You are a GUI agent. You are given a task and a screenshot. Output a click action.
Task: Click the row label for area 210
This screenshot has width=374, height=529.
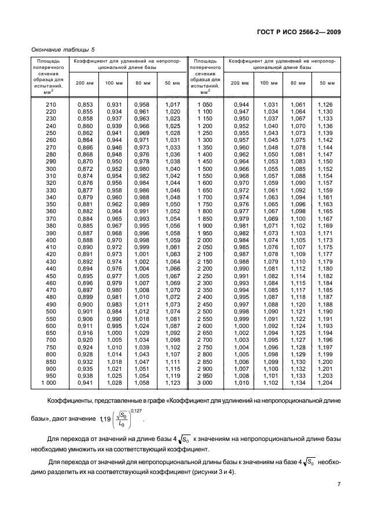[x=51, y=104]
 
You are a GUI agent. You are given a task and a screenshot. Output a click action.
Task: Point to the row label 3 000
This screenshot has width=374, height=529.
[x=205, y=383]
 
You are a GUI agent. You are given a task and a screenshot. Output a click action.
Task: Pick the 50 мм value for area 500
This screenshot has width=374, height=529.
[x=173, y=311]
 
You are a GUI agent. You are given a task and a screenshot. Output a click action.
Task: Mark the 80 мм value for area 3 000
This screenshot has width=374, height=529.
[x=298, y=383]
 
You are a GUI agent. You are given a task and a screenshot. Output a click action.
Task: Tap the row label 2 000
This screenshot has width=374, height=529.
[x=205, y=240]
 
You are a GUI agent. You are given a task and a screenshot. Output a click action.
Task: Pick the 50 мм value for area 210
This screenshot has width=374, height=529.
[x=173, y=104]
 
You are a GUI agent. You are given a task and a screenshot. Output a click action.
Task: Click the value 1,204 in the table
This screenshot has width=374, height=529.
[x=325, y=383]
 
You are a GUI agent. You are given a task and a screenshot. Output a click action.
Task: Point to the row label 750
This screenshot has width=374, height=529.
[x=51, y=347]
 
